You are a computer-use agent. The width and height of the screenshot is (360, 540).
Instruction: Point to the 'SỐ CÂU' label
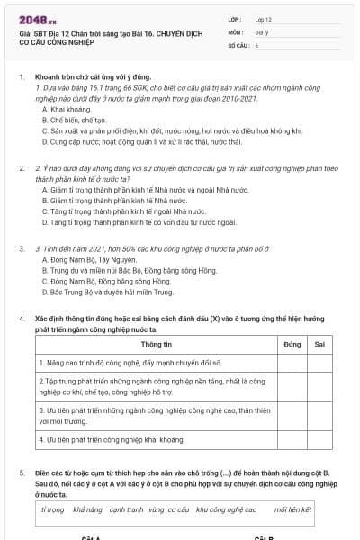(238, 44)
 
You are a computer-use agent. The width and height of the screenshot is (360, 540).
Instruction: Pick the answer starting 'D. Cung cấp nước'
(141, 141)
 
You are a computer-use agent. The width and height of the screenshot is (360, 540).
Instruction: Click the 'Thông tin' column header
(157, 345)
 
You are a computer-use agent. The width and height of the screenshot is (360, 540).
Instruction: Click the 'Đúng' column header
(292, 345)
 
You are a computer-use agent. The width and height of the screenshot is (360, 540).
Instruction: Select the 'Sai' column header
(319, 345)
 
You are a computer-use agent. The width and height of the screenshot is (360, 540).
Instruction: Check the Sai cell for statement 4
(319, 440)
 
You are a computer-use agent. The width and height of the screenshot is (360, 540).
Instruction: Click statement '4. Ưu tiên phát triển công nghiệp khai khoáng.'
(113, 440)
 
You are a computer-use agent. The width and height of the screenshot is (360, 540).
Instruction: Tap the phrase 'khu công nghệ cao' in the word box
(226, 509)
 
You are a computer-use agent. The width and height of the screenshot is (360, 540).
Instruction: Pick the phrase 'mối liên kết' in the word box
(293, 509)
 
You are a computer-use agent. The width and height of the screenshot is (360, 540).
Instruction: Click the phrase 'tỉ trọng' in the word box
(53, 509)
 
